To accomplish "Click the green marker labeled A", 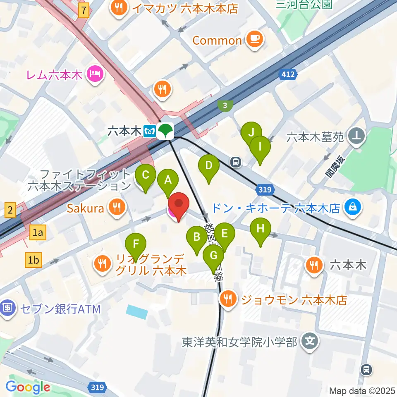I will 168,180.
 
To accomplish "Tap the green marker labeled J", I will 251,133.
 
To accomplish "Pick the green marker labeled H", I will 261,229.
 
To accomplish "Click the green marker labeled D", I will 209,166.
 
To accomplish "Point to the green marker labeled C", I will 146,175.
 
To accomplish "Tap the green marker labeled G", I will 213,256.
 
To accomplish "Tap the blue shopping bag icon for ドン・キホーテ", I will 353,207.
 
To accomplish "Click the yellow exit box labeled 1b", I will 33,260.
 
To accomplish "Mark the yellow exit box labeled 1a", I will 38,233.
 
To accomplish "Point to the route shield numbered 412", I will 288,74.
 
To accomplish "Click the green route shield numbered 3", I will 225,106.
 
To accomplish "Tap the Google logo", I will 28,387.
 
